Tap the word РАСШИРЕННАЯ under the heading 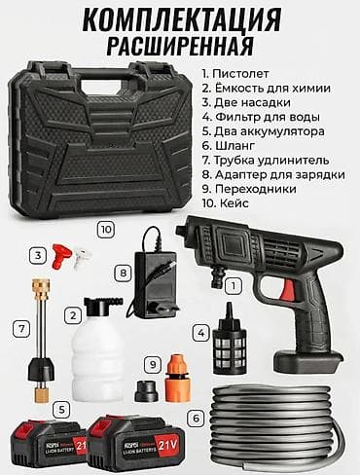point(180,45)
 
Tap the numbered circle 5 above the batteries point(62,411)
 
